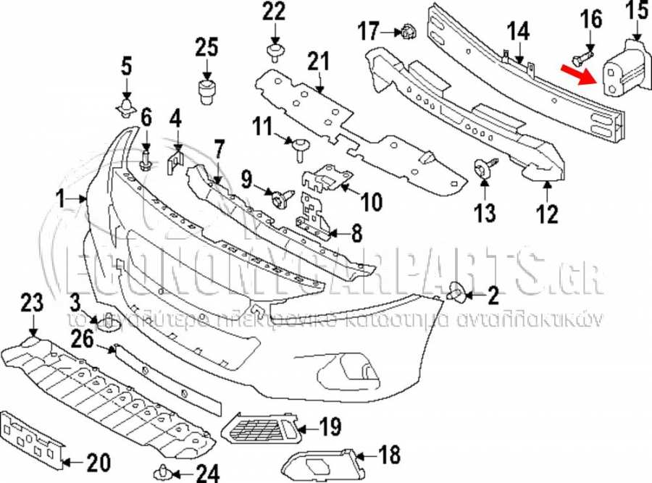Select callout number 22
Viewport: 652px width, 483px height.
(x=275, y=12)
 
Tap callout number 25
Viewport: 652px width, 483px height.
(x=206, y=49)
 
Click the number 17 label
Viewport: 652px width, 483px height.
(x=369, y=31)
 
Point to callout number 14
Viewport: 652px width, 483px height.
(x=518, y=32)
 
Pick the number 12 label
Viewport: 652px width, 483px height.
(x=548, y=214)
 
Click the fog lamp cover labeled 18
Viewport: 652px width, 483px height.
(x=322, y=461)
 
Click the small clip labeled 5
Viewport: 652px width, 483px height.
(x=127, y=109)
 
